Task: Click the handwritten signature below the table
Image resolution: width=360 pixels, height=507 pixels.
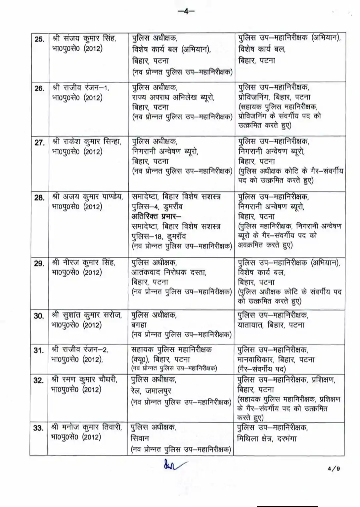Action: coord(173,465)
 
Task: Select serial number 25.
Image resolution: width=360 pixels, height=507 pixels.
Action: coord(39,39)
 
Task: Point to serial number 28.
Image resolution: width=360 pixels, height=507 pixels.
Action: coord(39,198)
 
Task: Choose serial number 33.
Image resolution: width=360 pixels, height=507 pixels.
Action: coord(38,428)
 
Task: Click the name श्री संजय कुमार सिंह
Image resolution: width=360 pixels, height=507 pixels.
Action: coord(84,38)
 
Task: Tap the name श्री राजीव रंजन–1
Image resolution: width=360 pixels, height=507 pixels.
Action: coord(81,88)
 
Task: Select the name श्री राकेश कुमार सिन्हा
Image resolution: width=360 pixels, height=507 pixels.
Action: coord(87,142)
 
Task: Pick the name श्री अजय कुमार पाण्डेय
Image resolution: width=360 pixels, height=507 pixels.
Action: coord(88,197)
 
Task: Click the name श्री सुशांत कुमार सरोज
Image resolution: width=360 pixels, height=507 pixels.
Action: coord(87,315)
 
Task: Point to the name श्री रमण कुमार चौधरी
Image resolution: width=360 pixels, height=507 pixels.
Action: coord(85,379)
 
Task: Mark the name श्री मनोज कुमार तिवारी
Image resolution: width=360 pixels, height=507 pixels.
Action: coord(87,427)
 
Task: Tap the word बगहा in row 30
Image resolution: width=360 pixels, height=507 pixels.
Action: coord(139,325)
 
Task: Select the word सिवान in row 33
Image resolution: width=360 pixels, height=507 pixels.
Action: coord(140,438)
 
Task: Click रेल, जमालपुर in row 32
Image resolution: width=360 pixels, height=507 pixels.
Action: coord(151,391)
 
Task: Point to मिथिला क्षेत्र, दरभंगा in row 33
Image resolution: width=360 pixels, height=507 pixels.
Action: coord(267,438)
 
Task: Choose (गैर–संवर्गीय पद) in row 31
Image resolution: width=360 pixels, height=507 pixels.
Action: coord(262,369)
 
